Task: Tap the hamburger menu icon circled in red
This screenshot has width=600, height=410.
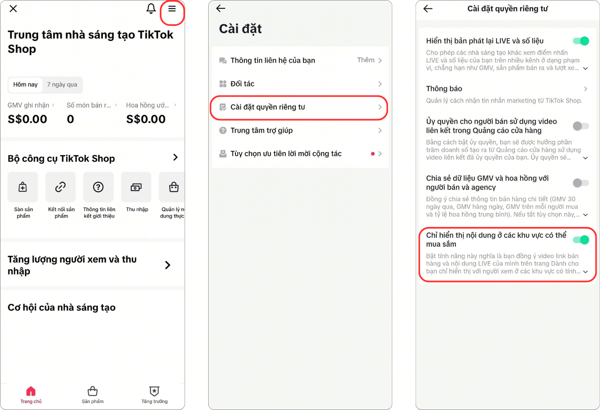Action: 172,9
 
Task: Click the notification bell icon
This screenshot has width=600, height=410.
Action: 151,9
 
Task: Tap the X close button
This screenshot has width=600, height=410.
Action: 13,9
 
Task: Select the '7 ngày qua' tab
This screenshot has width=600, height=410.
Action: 62,84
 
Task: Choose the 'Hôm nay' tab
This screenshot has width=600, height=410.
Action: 26,84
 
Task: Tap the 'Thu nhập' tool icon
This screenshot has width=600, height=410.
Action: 136,187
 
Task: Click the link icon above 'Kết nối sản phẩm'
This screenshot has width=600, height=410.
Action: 61,187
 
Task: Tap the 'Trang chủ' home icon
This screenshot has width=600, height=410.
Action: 31,391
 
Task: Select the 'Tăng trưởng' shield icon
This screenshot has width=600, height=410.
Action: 154,391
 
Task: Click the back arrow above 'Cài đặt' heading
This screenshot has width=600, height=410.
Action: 221,9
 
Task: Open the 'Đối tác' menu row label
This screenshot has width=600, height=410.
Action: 243,84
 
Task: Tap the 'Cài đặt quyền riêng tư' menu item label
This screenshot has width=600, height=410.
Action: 268,107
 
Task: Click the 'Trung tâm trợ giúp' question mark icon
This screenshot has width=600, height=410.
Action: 223,130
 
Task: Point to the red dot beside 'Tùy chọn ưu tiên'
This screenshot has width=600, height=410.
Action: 373,154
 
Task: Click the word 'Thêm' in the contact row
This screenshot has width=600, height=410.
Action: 366,60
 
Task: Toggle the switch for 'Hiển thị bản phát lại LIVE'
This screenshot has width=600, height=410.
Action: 581,41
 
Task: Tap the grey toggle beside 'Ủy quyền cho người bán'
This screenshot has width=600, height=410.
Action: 581,126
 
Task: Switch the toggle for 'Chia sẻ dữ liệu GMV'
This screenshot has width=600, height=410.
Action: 581,183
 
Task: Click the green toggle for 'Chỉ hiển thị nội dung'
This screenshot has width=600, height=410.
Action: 581,239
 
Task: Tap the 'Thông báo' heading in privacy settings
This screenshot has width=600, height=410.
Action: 444,89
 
